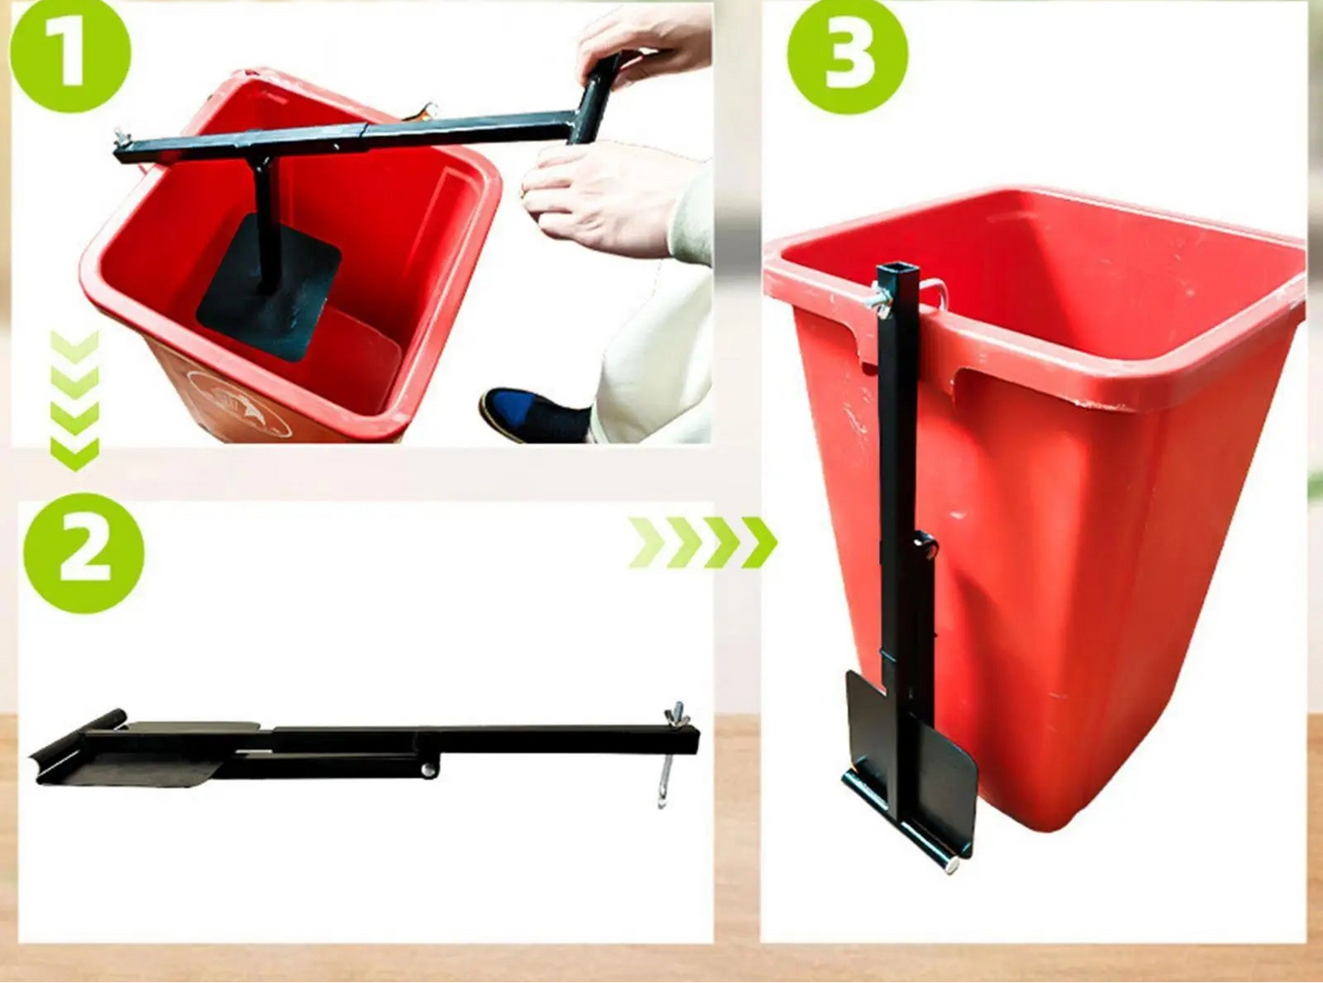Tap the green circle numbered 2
tap(83, 553)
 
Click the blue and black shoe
tap(531, 414)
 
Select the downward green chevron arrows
tap(74, 401)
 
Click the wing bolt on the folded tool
tap(678, 715)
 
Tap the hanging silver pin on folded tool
tap(666, 778)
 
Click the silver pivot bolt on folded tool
tap(428, 770)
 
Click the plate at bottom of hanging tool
tap(916, 769)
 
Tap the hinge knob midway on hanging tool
tap(927, 548)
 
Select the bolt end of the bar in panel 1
tap(120, 139)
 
